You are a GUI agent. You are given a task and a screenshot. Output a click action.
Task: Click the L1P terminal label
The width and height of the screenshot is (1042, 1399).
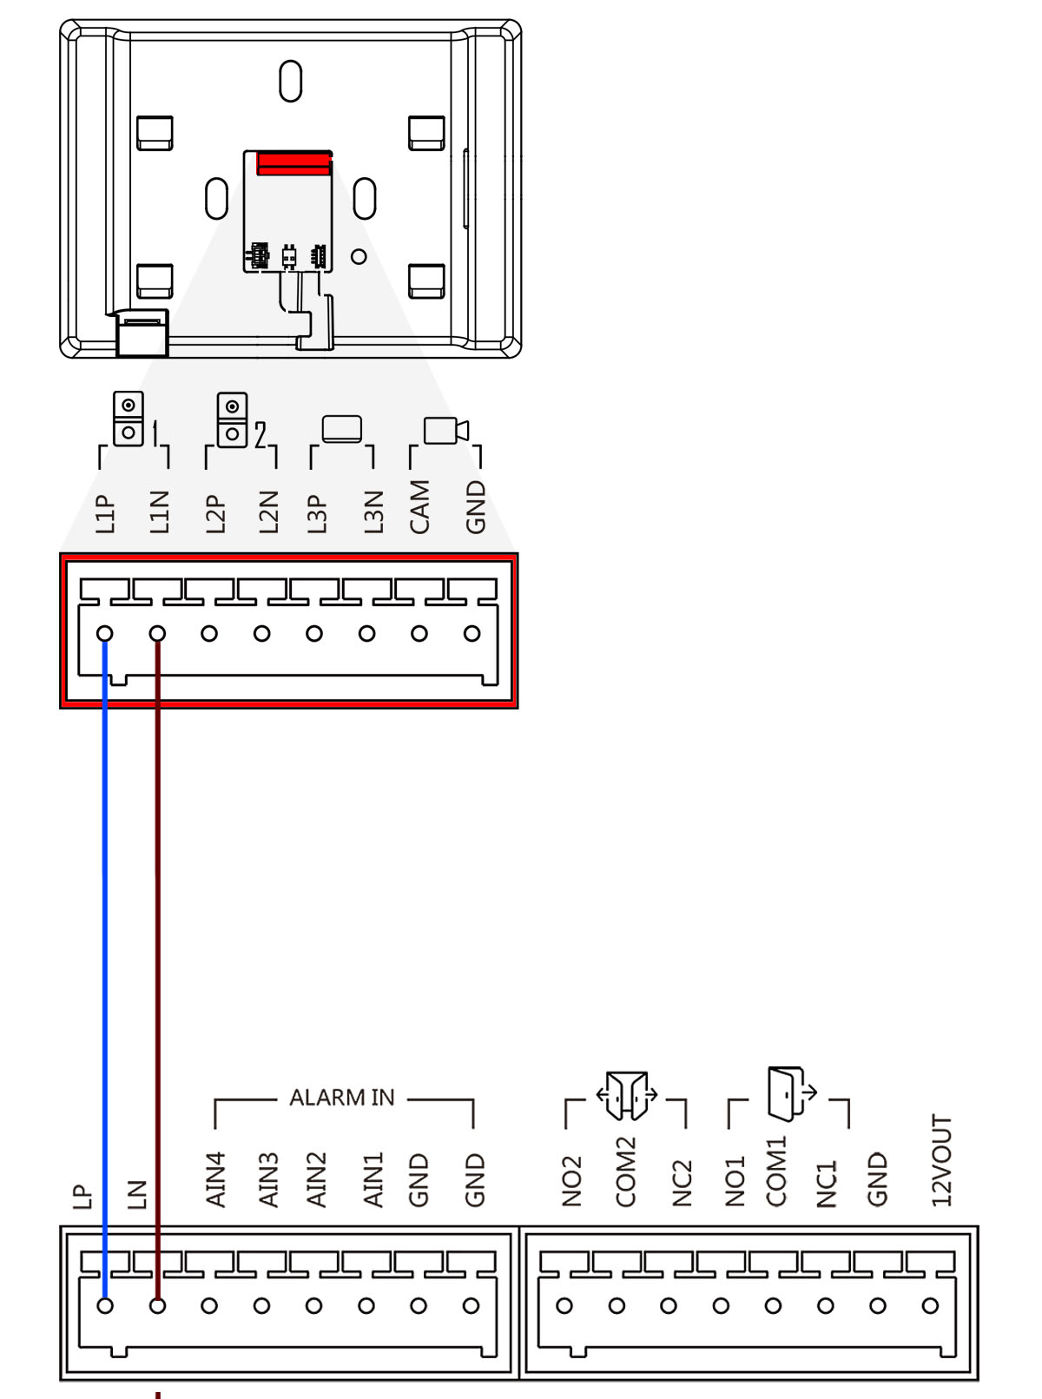[x=105, y=512]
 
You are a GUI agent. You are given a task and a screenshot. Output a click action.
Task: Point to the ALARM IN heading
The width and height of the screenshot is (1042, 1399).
[x=342, y=1098]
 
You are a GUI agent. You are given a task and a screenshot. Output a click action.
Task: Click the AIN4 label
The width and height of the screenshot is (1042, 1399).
[x=215, y=1178]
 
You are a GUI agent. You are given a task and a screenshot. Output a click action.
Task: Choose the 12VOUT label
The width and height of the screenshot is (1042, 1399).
[x=941, y=1161]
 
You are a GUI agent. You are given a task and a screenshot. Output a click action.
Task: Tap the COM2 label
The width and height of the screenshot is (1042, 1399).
[x=626, y=1171]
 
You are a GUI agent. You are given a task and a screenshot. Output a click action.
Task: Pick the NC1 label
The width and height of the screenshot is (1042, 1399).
[x=827, y=1183]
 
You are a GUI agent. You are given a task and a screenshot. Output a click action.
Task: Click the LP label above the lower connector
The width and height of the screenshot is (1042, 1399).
[x=82, y=1197]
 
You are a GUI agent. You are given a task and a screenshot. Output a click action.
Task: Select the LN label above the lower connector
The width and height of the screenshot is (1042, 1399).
[x=136, y=1194]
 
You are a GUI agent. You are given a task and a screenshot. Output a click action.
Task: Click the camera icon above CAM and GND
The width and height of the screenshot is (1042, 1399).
[x=445, y=430]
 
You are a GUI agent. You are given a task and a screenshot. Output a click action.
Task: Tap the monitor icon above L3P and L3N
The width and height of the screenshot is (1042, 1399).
[x=342, y=429]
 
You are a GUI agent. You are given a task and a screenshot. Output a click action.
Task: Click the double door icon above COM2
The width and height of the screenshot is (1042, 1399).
[x=626, y=1095]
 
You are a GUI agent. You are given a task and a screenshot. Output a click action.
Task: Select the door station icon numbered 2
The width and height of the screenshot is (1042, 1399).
[x=233, y=420]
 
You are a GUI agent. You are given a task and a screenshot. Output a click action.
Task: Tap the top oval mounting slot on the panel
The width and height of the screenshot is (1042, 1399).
[x=290, y=81]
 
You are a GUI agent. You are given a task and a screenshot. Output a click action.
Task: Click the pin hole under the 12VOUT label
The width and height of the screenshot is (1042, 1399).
[x=930, y=1305]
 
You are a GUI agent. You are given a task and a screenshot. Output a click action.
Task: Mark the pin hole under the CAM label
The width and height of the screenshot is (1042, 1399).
[x=419, y=634]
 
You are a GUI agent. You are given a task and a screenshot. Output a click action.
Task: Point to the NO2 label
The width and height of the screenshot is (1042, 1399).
[x=570, y=1181]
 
